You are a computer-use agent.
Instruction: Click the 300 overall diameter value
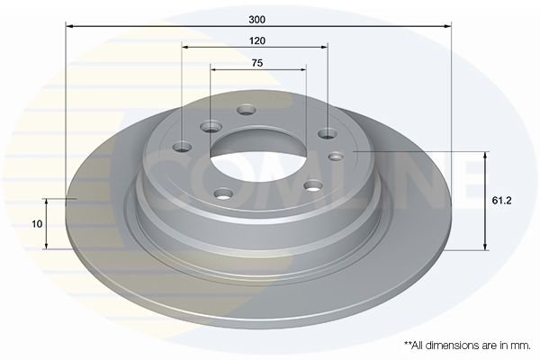point(257,20)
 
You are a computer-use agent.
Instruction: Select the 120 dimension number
point(257,41)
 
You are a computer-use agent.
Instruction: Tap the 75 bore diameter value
point(257,63)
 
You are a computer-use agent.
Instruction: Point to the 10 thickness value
point(37,224)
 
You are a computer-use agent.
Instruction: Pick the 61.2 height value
point(501,201)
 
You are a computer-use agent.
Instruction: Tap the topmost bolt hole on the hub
point(247,110)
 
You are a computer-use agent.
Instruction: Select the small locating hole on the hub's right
point(336,157)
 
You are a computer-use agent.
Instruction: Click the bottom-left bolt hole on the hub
point(223,193)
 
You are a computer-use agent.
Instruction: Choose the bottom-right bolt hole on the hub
point(313,186)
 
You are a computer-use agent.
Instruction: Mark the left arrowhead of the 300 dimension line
point(69,26)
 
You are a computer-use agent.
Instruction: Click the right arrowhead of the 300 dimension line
point(447,26)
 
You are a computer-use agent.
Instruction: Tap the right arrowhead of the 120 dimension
point(323,47)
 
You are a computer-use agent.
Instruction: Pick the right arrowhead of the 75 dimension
point(302,69)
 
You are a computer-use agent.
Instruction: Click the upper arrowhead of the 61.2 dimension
point(485,156)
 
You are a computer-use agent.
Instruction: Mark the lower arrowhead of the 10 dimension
point(46,245)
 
